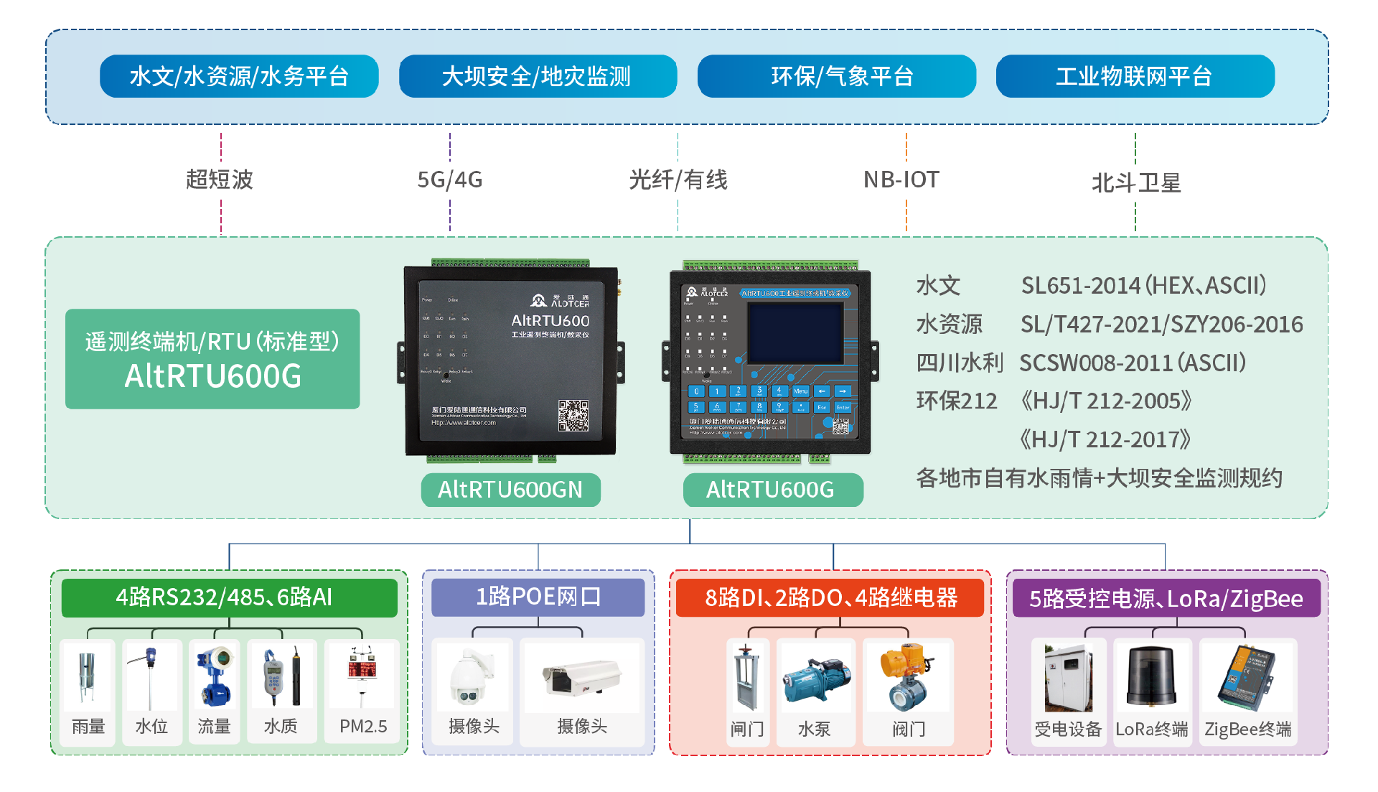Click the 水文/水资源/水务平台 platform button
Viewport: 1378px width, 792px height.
(x=239, y=76)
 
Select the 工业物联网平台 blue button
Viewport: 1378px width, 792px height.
(x=1135, y=76)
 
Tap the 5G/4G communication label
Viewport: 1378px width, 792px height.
(x=450, y=180)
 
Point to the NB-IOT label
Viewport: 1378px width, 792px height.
(x=901, y=180)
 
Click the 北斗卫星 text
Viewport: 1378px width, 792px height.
(x=1135, y=183)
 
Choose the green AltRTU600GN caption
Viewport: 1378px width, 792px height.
(x=510, y=490)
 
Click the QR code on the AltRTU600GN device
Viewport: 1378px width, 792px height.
(x=573, y=416)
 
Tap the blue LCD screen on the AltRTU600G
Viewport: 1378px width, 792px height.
(x=795, y=334)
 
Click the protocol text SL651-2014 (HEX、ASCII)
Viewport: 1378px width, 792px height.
(x=1143, y=286)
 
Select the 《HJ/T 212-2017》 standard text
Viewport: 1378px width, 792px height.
(x=1105, y=439)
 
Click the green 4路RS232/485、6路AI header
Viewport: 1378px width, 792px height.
(x=229, y=597)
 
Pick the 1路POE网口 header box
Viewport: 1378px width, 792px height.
(x=538, y=597)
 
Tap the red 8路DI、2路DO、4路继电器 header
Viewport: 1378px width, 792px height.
(x=830, y=597)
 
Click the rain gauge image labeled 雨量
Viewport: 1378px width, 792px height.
(x=88, y=678)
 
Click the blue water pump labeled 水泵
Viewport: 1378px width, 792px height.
(x=816, y=679)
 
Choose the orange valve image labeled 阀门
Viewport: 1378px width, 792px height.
(x=907, y=676)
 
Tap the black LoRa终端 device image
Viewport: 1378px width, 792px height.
(x=1151, y=676)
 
